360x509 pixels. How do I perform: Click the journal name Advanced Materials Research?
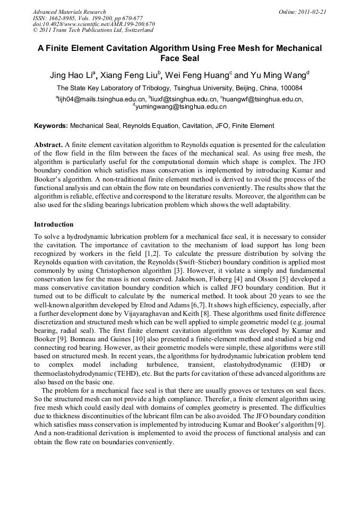(69, 12)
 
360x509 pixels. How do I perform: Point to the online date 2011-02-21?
(312, 12)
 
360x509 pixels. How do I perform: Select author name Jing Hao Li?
(71, 74)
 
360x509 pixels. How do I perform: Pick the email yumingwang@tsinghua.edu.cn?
(181, 107)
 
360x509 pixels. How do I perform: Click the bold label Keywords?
(51, 126)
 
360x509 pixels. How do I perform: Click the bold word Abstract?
(48, 144)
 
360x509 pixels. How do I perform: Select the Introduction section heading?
(54, 225)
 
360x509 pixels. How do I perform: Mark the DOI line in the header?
(94, 24)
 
